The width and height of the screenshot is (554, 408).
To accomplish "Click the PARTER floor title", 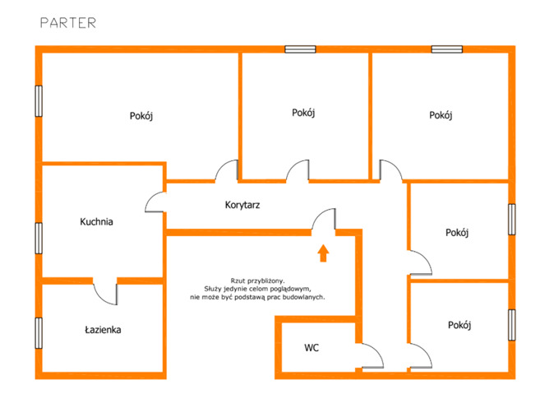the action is click(x=68, y=23).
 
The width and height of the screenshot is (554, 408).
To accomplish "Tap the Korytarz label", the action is click(x=242, y=205).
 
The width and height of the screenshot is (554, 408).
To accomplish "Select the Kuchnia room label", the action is click(x=96, y=221).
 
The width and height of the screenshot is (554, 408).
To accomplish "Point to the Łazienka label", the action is click(x=103, y=330).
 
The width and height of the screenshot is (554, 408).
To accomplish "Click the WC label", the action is click(x=312, y=348).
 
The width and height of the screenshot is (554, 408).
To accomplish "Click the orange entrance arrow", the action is click(x=323, y=253).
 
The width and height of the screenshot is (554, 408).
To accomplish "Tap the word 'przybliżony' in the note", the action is click(x=265, y=281).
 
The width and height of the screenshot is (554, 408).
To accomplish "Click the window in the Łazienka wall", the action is click(x=39, y=333).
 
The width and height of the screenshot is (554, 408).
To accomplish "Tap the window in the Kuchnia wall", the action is click(x=39, y=238).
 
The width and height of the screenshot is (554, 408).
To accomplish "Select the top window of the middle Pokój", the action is click(x=300, y=49).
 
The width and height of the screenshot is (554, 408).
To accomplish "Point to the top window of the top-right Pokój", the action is click(x=447, y=49).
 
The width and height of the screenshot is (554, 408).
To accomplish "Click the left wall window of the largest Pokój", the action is click(x=39, y=101).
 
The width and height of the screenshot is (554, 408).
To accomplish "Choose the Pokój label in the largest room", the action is click(x=141, y=116).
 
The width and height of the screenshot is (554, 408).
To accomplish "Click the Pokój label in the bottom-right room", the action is click(x=459, y=325).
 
